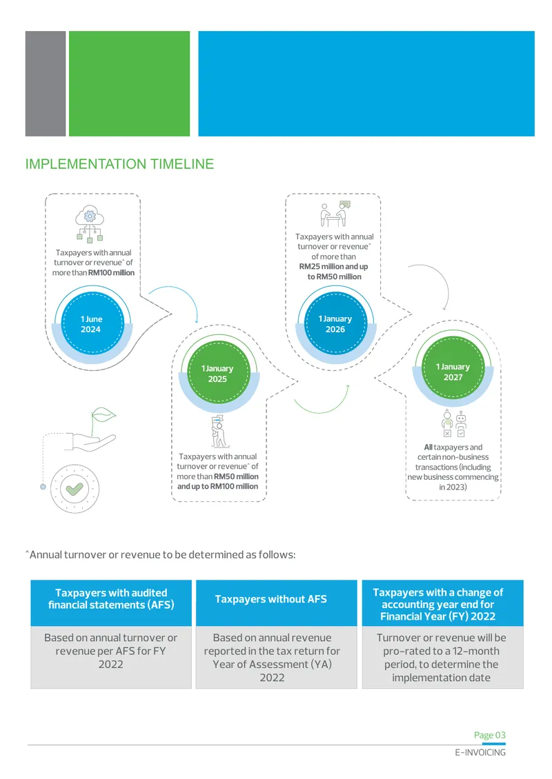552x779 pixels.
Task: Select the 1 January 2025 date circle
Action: [x=218, y=374]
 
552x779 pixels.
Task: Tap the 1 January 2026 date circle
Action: [x=335, y=324]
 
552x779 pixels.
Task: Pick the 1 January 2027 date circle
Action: [x=453, y=372]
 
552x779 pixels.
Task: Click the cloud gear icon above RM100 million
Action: [x=90, y=223]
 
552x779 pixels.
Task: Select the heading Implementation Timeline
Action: [x=119, y=164]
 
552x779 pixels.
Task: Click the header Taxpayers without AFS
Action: [x=271, y=599]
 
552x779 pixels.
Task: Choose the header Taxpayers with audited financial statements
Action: [x=111, y=598]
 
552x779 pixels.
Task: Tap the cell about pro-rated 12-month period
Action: [x=442, y=657]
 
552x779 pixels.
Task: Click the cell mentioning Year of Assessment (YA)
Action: [x=272, y=657]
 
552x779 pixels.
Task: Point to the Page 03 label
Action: [x=490, y=735]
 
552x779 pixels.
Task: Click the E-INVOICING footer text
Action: [x=480, y=753]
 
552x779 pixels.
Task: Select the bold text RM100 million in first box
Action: [x=111, y=273]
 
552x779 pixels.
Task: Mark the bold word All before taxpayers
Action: [x=428, y=447]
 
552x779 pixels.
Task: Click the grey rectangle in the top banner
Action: [x=46, y=83]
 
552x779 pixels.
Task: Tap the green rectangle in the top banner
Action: [x=129, y=83]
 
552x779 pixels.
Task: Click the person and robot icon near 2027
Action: [x=454, y=424]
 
